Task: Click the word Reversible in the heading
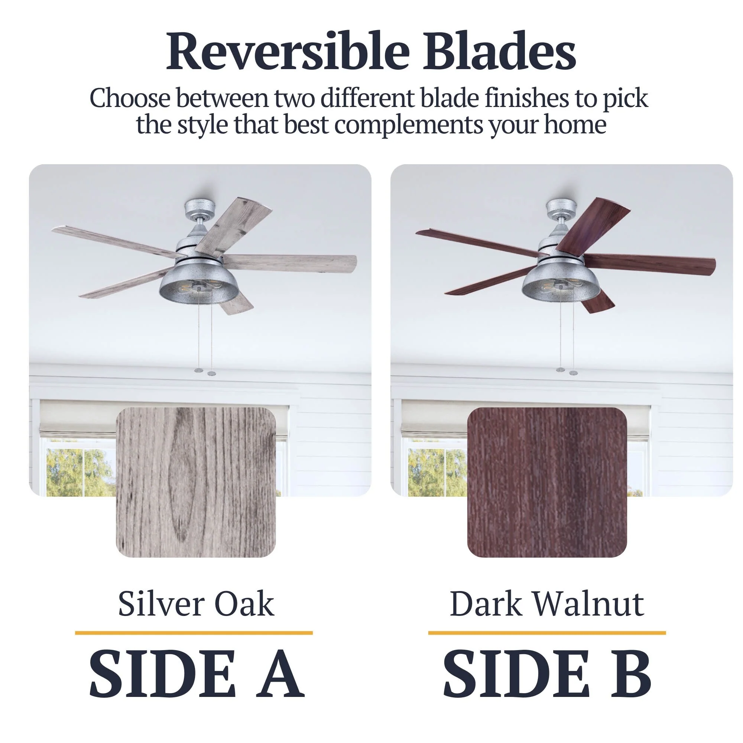coord(288,52)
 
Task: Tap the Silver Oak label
coord(196,604)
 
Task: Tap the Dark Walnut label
coord(547,604)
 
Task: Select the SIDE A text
coord(197,673)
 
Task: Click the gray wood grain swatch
coord(196,482)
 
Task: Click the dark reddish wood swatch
coord(547,482)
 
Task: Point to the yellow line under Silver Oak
coord(194,633)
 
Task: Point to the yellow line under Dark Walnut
coord(547,633)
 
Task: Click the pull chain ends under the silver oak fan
coord(205,371)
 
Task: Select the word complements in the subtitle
coord(408,125)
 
